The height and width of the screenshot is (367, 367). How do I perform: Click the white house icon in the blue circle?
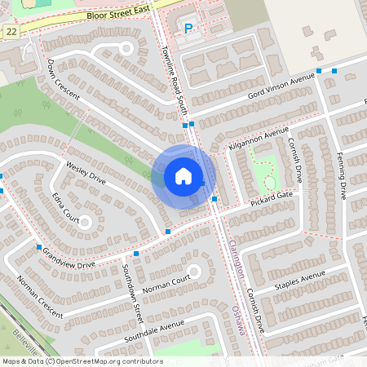183,176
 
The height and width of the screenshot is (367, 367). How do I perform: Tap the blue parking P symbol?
188,29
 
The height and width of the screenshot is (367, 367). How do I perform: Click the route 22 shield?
11,31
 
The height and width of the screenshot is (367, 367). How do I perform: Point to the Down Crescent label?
63,79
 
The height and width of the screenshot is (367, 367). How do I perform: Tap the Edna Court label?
65,209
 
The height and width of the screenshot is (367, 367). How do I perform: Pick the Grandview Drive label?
69,257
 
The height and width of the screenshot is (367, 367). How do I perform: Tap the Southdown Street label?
133,302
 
